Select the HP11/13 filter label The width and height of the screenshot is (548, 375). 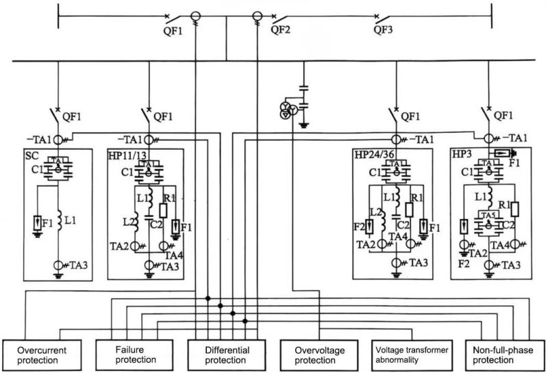point(128,157)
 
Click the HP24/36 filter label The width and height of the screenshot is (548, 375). point(374,157)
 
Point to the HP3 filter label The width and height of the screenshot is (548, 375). point(462,157)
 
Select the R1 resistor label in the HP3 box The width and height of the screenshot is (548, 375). point(504,204)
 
